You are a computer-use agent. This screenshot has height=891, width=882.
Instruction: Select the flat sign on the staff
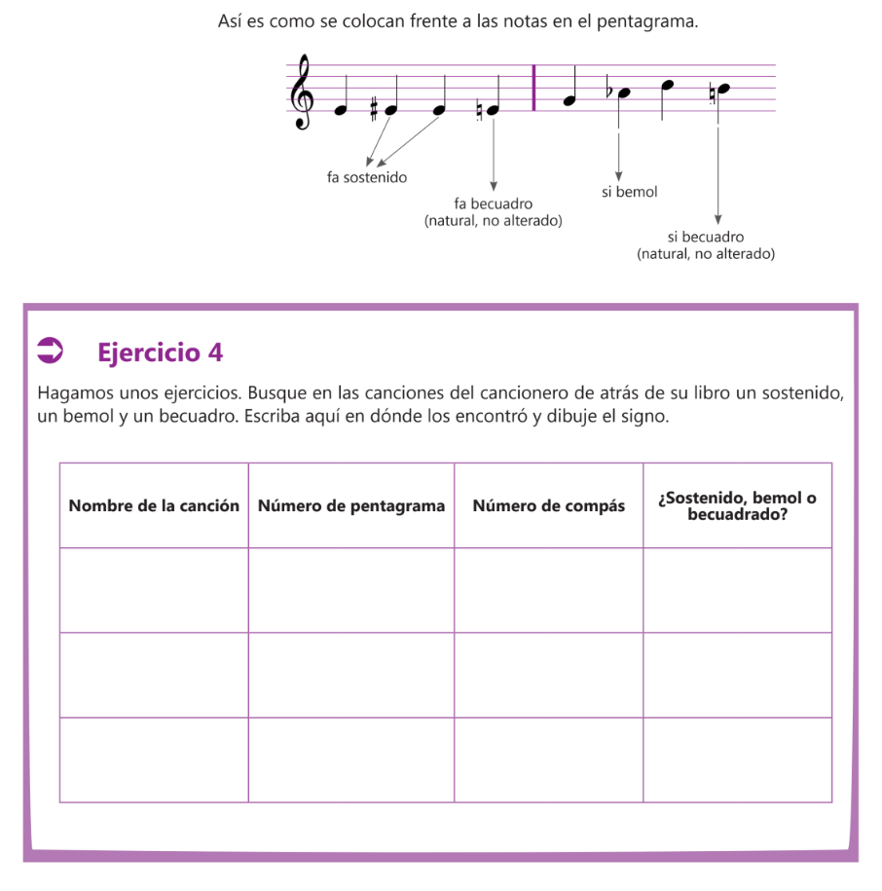pyautogui.click(x=608, y=92)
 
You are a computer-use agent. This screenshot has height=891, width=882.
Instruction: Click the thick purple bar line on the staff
pyautogui.click(x=534, y=88)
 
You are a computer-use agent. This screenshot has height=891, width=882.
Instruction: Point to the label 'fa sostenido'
pyautogui.click(x=367, y=178)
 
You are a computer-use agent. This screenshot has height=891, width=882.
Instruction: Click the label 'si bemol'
pyautogui.click(x=629, y=192)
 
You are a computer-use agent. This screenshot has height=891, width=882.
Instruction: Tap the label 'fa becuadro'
pyautogui.click(x=494, y=204)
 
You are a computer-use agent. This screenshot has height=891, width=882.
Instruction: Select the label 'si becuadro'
pyautogui.click(x=706, y=237)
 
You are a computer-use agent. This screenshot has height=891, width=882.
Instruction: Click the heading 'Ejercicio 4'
pyautogui.click(x=161, y=353)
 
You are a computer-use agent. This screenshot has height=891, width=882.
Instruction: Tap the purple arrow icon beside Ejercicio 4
pyautogui.click(x=50, y=352)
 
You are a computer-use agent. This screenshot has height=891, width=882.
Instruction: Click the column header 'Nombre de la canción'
pyautogui.click(x=154, y=505)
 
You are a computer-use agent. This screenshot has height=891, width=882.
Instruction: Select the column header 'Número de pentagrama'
pyautogui.click(x=351, y=505)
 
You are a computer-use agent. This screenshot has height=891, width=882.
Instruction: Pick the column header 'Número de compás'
pyautogui.click(x=549, y=505)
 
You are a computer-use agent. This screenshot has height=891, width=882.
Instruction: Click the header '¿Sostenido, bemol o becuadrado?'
pyautogui.click(x=737, y=505)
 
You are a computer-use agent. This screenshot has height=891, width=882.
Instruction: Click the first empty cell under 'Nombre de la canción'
pyautogui.click(x=154, y=590)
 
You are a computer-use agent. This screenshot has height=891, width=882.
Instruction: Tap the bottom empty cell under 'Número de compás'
pyautogui.click(x=549, y=760)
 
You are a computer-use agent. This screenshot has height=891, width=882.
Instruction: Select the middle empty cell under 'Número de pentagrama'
pyautogui.click(x=351, y=675)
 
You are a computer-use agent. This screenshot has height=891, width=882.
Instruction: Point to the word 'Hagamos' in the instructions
pyautogui.click(x=74, y=393)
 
